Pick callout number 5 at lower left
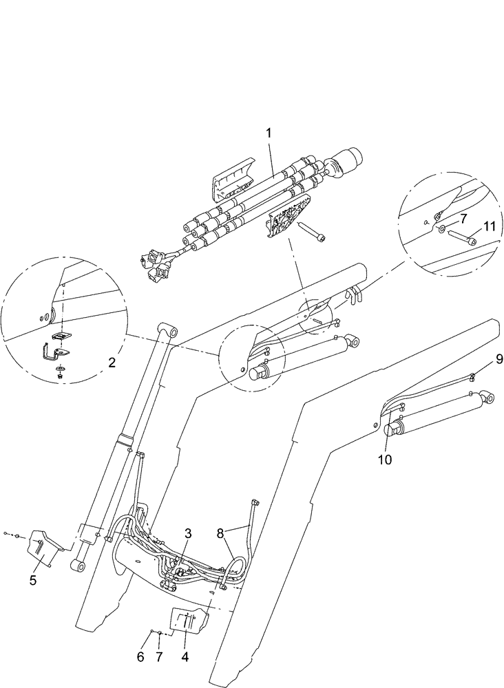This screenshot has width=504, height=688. click(32, 580)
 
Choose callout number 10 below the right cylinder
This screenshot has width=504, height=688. click(385, 460)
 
